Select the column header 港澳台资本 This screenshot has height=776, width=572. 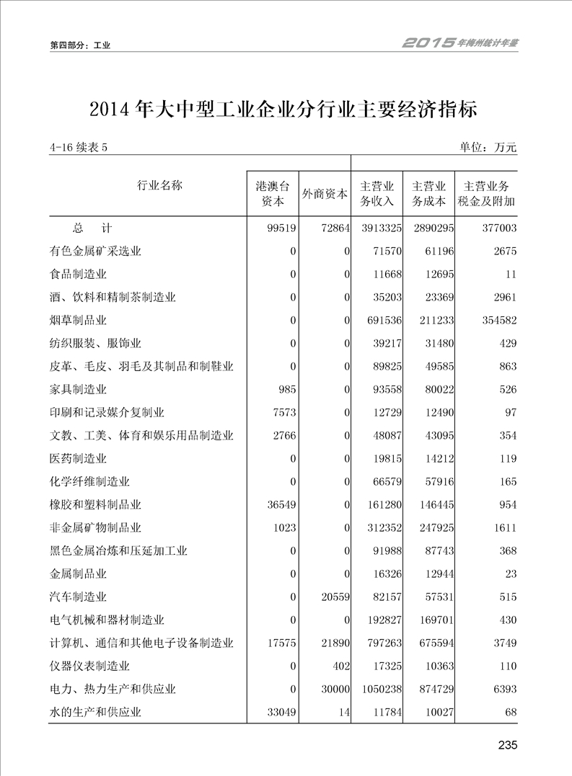tap(271, 193)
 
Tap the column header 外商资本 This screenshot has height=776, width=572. tap(324, 194)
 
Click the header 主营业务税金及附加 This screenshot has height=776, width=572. tap(487, 193)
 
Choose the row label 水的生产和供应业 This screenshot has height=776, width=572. tap(95, 713)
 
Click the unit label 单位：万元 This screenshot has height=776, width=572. tap(488, 148)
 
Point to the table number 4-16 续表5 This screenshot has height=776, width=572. tap(79, 148)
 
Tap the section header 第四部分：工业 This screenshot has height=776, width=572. tap(80, 45)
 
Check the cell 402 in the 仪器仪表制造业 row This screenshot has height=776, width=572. tap(340, 666)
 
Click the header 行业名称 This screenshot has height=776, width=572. tap(159, 185)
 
